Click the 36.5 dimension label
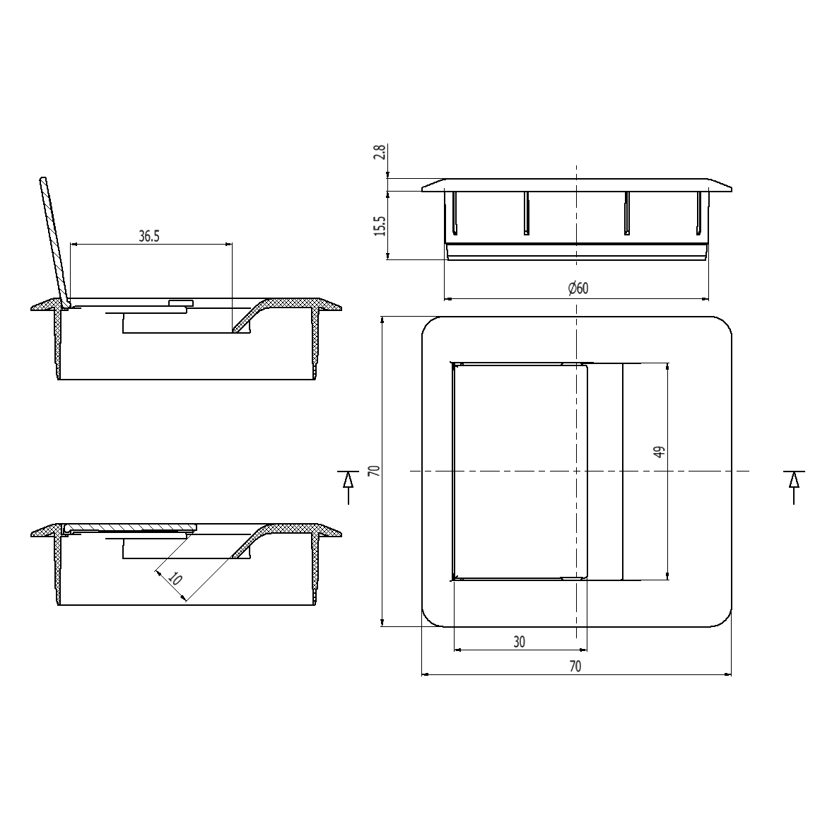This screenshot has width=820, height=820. click(x=149, y=236)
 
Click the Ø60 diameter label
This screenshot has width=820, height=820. click(x=578, y=288)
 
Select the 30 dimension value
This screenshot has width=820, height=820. click(x=520, y=642)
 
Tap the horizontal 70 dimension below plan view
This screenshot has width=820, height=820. click(x=575, y=666)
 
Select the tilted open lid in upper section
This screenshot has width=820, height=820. click(x=53, y=240)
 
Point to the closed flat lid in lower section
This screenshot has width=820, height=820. click(x=127, y=528)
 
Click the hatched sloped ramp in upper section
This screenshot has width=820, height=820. click(x=247, y=317)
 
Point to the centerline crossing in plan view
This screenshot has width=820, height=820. click(x=578, y=471)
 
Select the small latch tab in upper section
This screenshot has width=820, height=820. click(x=181, y=303)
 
